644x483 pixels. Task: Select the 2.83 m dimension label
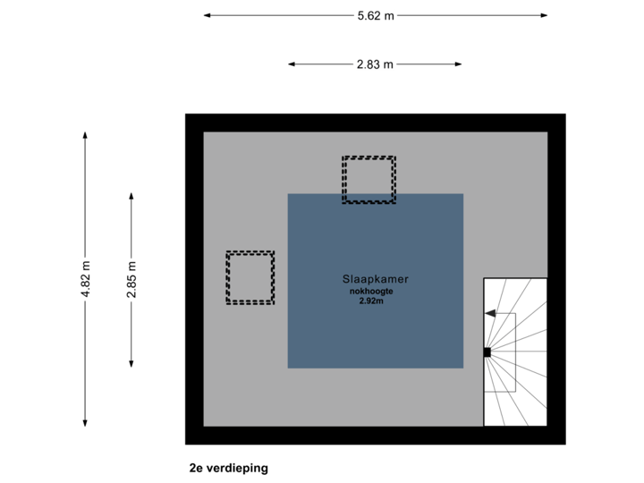click(x=376, y=64)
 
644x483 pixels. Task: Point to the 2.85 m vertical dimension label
click(x=131, y=278)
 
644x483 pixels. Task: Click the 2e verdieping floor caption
click(x=228, y=468)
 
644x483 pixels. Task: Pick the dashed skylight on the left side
click(x=250, y=277)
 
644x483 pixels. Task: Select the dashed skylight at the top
click(x=369, y=180)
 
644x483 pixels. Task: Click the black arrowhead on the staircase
click(x=490, y=313)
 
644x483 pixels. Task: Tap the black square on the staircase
click(x=487, y=352)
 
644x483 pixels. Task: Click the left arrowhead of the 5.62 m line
click(x=207, y=15)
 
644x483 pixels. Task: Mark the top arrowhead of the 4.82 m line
click(x=85, y=135)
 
